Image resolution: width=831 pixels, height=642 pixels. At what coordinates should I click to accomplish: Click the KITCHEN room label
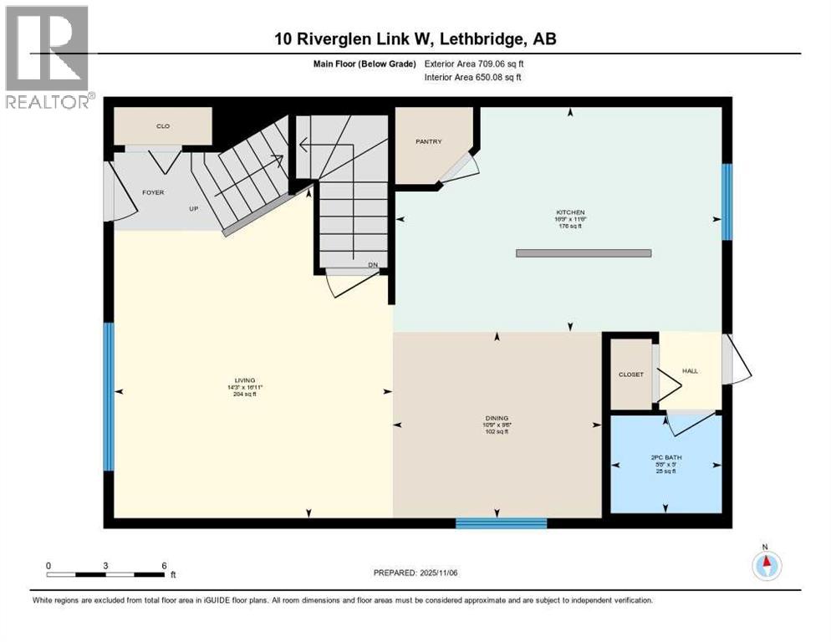[x=572, y=212]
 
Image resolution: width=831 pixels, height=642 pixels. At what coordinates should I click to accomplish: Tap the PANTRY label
[x=428, y=142]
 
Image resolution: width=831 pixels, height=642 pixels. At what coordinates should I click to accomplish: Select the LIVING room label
[x=244, y=380]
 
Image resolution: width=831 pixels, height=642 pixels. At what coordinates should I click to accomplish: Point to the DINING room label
[x=497, y=418]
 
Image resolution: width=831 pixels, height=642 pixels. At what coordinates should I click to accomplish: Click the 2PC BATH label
[x=665, y=458]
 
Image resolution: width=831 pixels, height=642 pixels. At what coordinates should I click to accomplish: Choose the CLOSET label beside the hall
[x=631, y=374]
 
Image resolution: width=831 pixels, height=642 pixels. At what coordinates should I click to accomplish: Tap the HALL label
[x=690, y=370]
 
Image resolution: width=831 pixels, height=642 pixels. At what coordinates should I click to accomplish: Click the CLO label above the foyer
[x=163, y=126]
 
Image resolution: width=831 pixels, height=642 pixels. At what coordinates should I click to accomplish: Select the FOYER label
[x=153, y=192]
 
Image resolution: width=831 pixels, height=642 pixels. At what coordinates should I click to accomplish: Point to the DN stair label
[x=373, y=265]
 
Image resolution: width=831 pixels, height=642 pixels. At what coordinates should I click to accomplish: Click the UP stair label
[x=192, y=208]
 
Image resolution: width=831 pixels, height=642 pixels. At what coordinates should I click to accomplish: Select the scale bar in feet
[x=105, y=574]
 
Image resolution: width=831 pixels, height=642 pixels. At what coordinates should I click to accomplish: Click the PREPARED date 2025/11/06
[x=415, y=573]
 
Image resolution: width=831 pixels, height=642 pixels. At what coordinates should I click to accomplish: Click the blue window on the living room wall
[x=108, y=396]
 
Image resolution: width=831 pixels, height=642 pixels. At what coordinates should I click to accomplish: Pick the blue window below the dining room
[x=501, y=523]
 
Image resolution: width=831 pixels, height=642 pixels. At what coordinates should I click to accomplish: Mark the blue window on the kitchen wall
[x=726, y=201]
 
